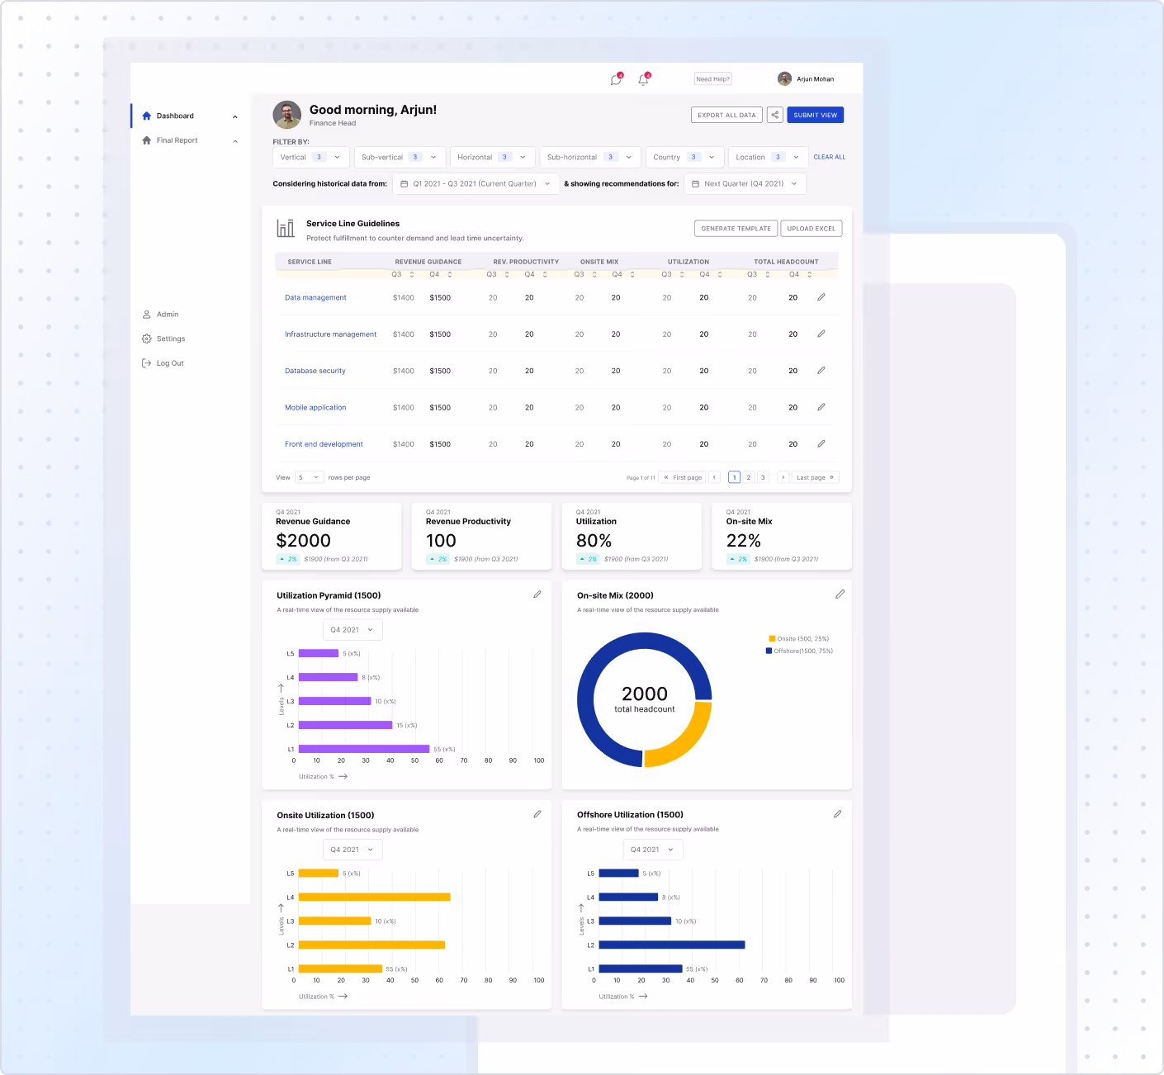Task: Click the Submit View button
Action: click(815, 116)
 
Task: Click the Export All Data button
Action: click(726, 116)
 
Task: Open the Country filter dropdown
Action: click(684, 157)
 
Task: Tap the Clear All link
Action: click(829, 157)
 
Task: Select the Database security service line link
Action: click(315, 371)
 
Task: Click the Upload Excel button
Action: click(811, 229)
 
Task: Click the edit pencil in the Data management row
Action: click(821, 297)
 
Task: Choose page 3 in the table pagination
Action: click(763, 477)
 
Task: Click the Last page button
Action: click(815, 477)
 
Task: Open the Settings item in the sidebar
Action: click(170, 339)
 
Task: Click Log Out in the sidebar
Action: click(169, 363)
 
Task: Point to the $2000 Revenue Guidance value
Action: click(303, 541)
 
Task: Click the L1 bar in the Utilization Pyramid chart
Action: click(363, 749)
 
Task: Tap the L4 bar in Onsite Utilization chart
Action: click(374, 897)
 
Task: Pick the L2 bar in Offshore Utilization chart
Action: click(671, 945)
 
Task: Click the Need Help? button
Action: click(712, 79)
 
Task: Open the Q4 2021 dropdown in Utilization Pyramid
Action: click(353, 630)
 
